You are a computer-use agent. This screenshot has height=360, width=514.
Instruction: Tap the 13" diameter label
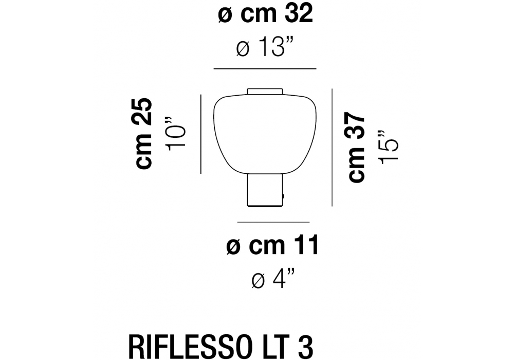click(265, 47)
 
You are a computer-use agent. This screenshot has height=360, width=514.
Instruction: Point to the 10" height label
click(176, 133)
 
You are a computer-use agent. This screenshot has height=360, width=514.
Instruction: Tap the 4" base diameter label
click(273, 278)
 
